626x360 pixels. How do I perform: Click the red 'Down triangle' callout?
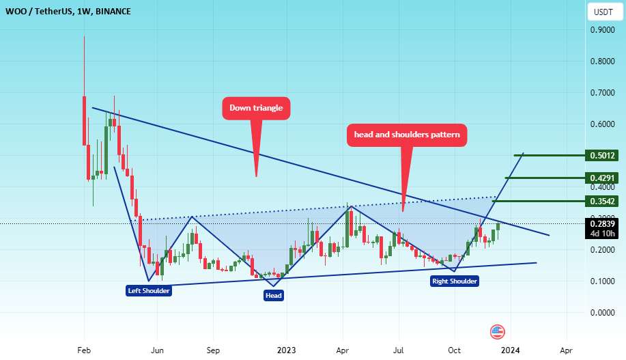click(256, 108)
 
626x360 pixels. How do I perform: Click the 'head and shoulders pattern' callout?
click(407, 135)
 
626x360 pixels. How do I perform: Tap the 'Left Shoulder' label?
click(149, 290)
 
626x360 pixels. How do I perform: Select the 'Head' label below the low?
click(274, 295)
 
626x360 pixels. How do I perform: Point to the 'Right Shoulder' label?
click(455, 281)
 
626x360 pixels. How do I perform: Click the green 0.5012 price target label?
click(603, 156)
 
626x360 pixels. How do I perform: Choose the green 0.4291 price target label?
click(603, 178)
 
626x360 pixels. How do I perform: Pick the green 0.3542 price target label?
click(603, 202)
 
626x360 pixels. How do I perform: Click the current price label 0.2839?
click(603, 223)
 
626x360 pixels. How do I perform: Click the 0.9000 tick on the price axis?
click(601, 30)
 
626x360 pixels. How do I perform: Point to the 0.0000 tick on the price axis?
click(601, 313)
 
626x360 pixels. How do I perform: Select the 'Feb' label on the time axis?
click(84, 349)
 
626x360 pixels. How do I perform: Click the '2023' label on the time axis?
click(285, 349)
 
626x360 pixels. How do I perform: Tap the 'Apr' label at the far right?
click(565, 349)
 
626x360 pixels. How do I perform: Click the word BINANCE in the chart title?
click(113, 12)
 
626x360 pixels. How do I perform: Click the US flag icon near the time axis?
click(498, 332)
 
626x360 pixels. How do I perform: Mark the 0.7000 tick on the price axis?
click(601, 93)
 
